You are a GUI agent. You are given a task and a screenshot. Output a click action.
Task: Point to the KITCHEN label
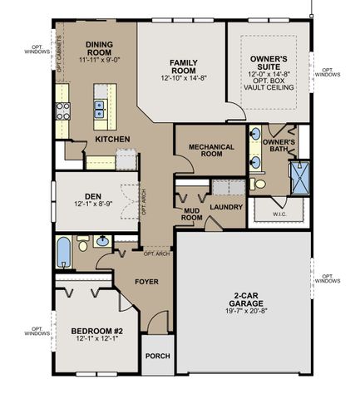[111, 139]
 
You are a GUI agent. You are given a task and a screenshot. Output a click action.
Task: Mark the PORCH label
[158, 356]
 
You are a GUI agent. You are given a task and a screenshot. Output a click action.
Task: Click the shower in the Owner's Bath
[298, 177]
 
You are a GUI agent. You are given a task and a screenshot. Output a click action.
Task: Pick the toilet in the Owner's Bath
[259, 183]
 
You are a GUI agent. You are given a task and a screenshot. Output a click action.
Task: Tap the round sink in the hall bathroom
[101, 242]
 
